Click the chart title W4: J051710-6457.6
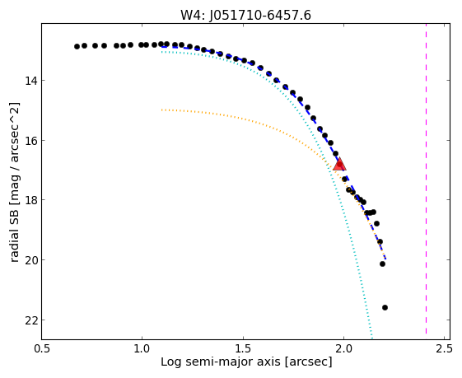(245, 15)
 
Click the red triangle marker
(339, 165)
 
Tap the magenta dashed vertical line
(426, 179)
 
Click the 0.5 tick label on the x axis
(41, 349)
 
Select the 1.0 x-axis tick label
(142, 349)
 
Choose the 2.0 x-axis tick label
(344, 349)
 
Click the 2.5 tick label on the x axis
(445, 349)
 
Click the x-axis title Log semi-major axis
(221, 362)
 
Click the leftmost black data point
(77, 47)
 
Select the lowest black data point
(385, 307)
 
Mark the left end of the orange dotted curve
(161, 110)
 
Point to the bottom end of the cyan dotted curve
(372, 338)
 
